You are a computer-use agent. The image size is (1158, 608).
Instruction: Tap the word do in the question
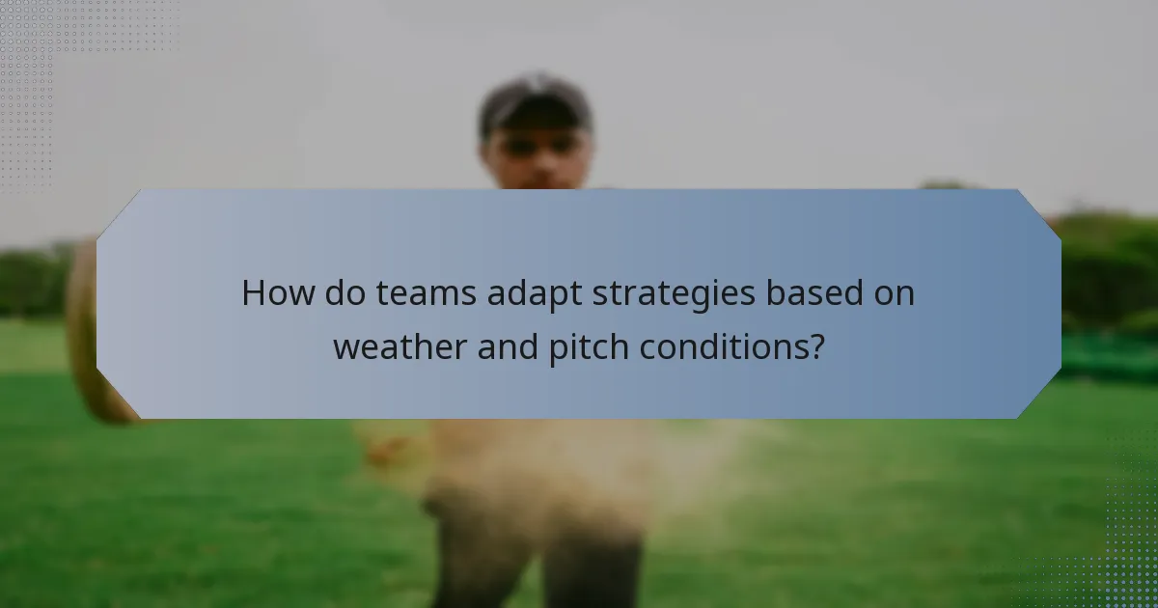coord(339,292)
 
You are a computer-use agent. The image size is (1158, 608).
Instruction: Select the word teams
coord(422,292)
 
